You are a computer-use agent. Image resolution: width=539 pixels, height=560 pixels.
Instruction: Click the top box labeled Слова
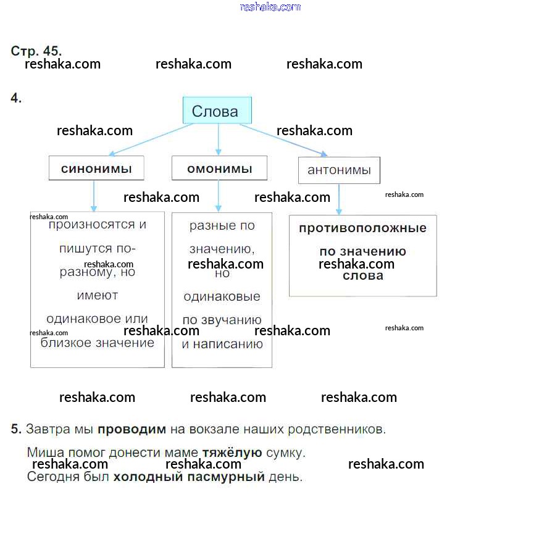(x=217, y=111)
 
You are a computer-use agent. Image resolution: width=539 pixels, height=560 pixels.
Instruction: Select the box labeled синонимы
(x=96, y=168)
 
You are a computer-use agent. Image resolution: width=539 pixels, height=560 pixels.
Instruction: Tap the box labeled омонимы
(x=219, y=168)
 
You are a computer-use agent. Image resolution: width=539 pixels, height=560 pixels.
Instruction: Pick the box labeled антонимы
(x=339, y=170)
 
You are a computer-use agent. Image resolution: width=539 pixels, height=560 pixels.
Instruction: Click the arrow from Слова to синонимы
(x=151, y=140)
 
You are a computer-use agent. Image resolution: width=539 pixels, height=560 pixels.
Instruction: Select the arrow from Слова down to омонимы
(x=218, y=139)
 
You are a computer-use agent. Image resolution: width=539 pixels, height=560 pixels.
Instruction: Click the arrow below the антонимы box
(x=339, y=199)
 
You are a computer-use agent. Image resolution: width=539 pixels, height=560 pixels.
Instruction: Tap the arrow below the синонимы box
(x=94, y=196)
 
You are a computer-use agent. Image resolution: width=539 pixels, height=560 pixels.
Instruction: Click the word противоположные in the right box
(x=362, y=228)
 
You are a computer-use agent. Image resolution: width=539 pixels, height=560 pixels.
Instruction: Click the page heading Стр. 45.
(x=36, y=51)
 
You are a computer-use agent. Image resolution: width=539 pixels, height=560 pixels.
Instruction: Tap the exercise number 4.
(x=16, y=98)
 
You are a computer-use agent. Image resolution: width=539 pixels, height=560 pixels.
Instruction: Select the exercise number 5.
(x=16, y=428)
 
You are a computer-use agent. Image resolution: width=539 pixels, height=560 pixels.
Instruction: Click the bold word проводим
(x=132, y=428)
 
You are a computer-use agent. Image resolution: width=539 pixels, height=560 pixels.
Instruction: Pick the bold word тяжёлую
(x=232, y=453)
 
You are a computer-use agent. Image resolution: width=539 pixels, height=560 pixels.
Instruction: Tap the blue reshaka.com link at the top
(x=270, y=7)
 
